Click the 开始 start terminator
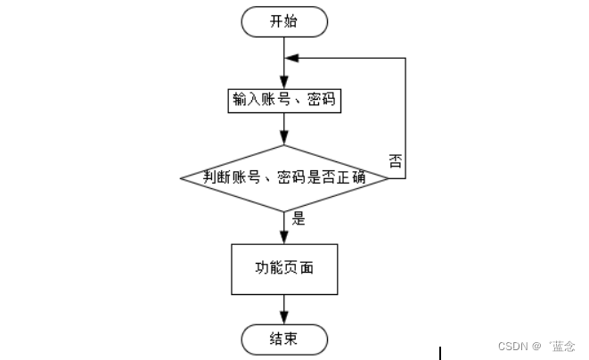pos(285,21)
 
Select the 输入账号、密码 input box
pos(285,100)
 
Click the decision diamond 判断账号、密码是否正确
pos(285,177)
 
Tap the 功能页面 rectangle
pos(285,267)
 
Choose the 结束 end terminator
pos(285,339)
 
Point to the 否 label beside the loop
pos(395,160)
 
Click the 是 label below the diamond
pos(299,217)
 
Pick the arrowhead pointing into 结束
pos(285,319)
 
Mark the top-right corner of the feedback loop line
pos(405,58)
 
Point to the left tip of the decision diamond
pos(182,177)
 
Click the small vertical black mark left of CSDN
pos(439,353)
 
